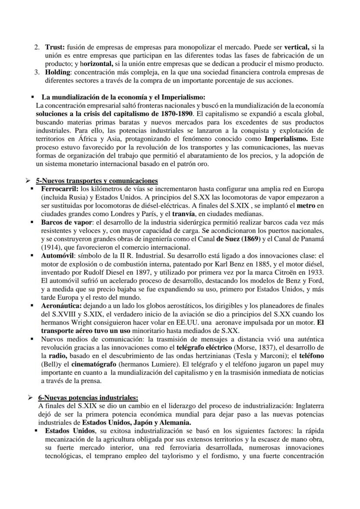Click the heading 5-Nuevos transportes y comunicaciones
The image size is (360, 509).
click(x=97, y=181)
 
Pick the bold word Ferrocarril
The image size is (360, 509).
click(x=60, y=190)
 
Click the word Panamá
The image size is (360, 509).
click(x=313, y=240)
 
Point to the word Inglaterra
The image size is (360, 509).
click(x=306, y=406)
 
